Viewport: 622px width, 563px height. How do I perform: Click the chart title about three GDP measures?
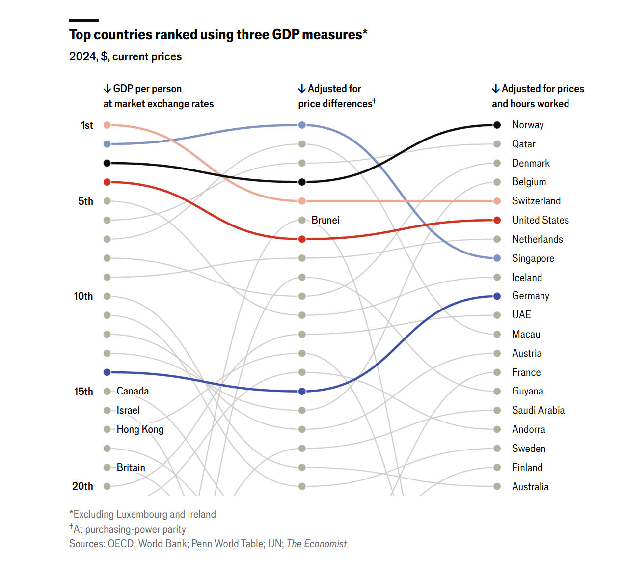pyautogui.click(x=218, y=35)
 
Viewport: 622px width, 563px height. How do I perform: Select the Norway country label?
pyautogui.click(x=528, y=125)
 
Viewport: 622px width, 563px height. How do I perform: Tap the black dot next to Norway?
pyautogui.click(x=497, y=125)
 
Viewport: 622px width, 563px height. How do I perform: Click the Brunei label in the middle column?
pyautogui.click(x=325, y=220)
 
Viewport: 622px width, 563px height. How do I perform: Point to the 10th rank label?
pyautogui.click(x=83, y=296)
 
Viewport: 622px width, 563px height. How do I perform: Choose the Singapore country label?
pyautogui.click(x=533, y=258)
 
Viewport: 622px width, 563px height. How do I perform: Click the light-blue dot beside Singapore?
pyautogui.click(x=497, y=258)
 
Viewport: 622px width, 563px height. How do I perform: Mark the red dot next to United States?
pyautogui.click(x=497, y=220)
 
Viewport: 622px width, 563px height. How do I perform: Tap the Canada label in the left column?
pyautogui.click(x=133, y=391)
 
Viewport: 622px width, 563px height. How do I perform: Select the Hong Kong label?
pyautogui.click(x=140, y=429)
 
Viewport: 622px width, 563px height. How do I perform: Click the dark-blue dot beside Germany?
pyautogui.click(x=497, y=296)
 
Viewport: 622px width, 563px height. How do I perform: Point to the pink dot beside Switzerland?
pyautogui.click(x=497, y=201)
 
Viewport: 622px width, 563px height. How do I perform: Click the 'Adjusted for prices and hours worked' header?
pyautogui.click(x=538, y=96)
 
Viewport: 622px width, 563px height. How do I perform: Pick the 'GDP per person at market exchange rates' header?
pyautogui.click(x=158, y=96)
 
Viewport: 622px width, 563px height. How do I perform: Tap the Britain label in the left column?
pyautogui.click(x=131, y=468)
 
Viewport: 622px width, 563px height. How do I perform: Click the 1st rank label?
pyautogui.click(x=87, y=125)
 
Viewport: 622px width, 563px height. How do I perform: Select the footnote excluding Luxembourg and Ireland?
pyautogui.click(x=142, y=514)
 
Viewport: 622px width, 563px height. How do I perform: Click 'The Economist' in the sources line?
pyautogui.click(x=317, y=544)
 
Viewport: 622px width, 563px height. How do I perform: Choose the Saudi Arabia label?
pyautogui.click(x=538, y=410)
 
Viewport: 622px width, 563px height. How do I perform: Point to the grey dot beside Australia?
pyautogui.click(x=497, y=486)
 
